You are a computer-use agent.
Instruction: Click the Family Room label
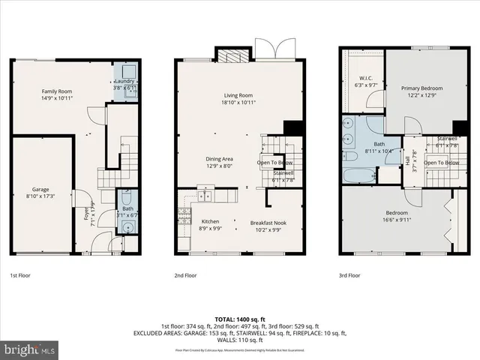pos(56,91)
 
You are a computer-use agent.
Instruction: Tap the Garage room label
pos(40,189)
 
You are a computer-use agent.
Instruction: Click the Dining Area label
pos(220,158)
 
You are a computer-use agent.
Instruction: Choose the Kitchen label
pos(210,221)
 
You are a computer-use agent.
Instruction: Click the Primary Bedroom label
pos(421,88)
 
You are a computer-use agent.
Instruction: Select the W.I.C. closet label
pos(366,77)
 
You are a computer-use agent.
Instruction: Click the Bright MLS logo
pos(28,349)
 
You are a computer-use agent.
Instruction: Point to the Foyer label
pos(85,215)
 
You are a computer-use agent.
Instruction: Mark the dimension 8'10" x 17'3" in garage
pos(40,196)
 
